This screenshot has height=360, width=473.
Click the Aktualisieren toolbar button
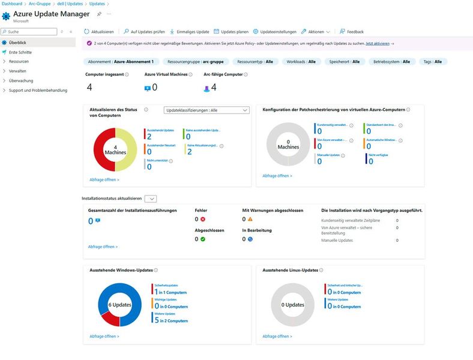pyautogui.click(x=99, y=31)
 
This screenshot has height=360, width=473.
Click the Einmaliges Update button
pyautogui.click(x=190, y=31)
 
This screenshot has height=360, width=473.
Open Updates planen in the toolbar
pyautogui.click(x=231, y=31)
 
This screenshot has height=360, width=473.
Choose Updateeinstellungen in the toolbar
pyautogui.click(x=274, y=31)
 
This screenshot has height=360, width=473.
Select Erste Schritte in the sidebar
pyautogui.click(x=20, y=52)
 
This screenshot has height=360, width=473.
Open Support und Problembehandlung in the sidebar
pyautogui.click(x=38, y=91)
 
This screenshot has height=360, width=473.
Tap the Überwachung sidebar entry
pyautogui.click(x=21, y=80)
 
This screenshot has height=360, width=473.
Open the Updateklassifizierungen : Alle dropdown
pyautogui.click(x=206, y=110)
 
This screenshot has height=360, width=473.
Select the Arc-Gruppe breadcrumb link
pyautogui.click(x=40, y=4)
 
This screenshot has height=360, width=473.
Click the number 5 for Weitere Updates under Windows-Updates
pyautogui.click(x=156, y=320)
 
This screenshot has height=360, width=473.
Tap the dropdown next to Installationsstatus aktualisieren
pyautogui.click(x=151, y=198)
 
